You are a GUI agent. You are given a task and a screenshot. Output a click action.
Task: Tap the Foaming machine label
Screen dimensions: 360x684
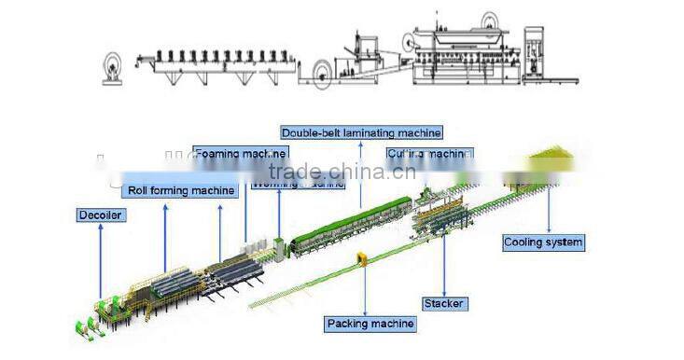click(x=240, y=152)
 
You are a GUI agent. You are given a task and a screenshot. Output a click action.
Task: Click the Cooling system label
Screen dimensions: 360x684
click(x=543, y=242)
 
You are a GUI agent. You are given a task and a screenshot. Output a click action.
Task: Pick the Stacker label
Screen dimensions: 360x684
click(x=443, y=303)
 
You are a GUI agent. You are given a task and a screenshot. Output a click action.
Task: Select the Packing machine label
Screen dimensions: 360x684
click(x=370, y=325)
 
